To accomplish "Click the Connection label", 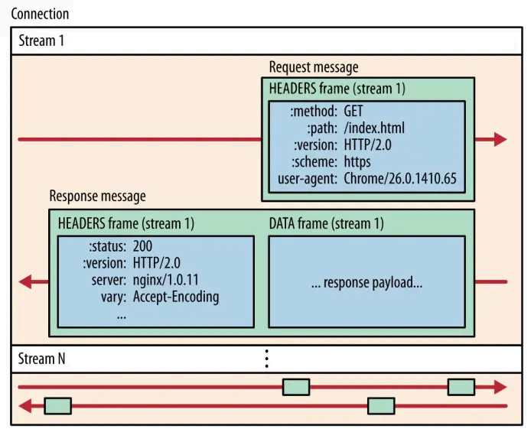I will [x=40, y=14].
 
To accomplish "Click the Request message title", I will [x=314, y=67].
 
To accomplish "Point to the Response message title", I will [x=97, y=196].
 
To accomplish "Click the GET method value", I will [x=353, y=111].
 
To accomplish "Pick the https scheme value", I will [x=357, y=162].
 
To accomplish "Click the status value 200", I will [x=143, y=246].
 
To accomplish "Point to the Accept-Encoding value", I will [x=176, y=297].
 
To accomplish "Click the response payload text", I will [x=366, y=282].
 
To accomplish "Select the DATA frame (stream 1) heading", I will [x=327, y=223].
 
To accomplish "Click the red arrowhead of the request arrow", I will [x=500, y=139].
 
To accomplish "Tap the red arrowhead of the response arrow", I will [x=26, y=282].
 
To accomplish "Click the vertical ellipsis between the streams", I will [x=266, y=357].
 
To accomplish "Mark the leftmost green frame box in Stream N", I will [x=57, y=405].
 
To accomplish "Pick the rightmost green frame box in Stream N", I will [x=461, y=387].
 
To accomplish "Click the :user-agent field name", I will [x=307, y=180].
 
